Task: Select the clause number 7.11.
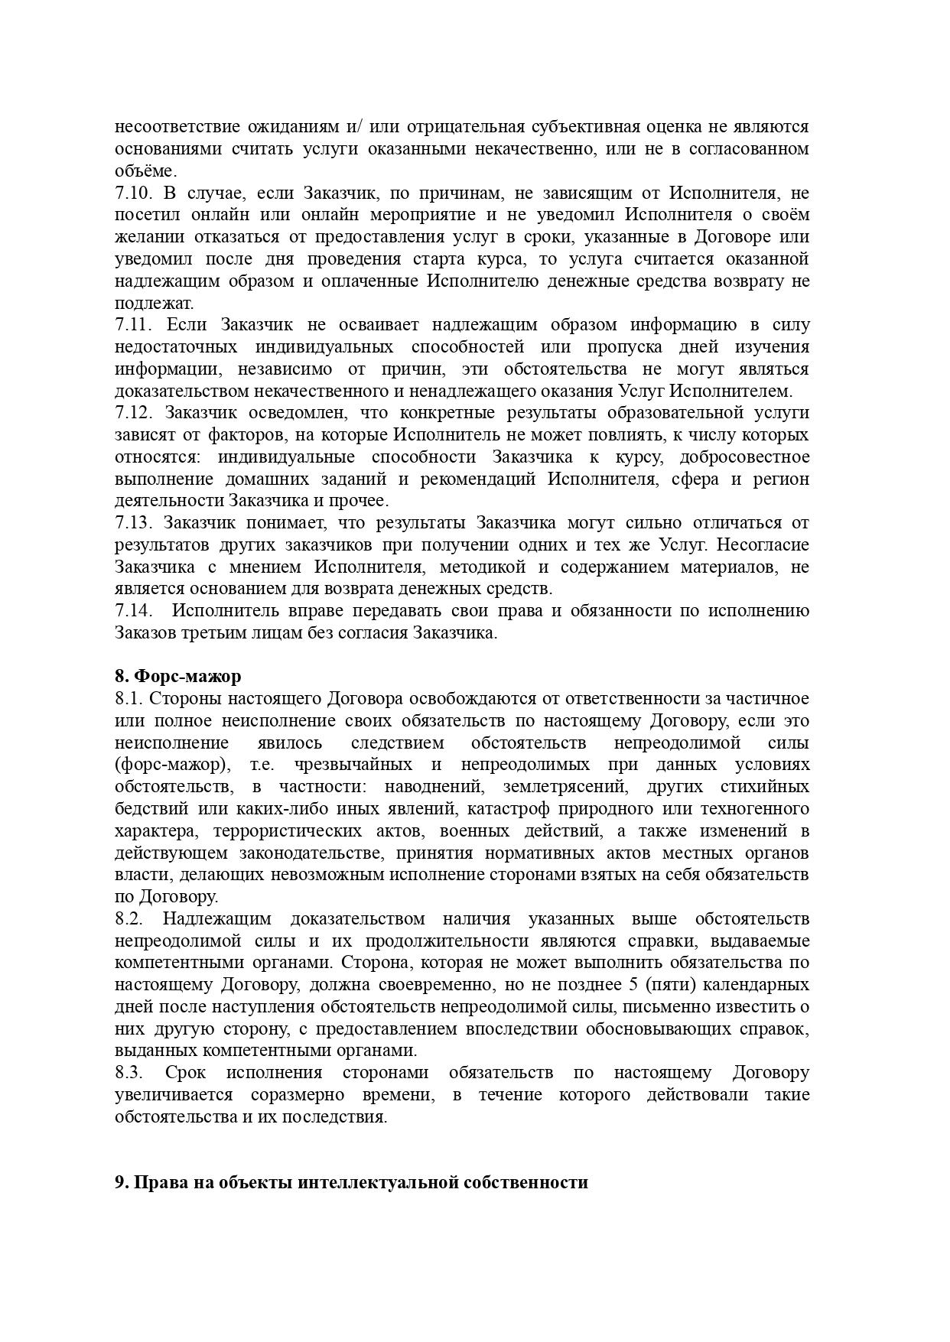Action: tap(133, 325)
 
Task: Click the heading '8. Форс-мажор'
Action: tap(178, 676)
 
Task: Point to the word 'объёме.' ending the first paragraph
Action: tap(145, 171)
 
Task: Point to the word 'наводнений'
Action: tap(432, 787)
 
